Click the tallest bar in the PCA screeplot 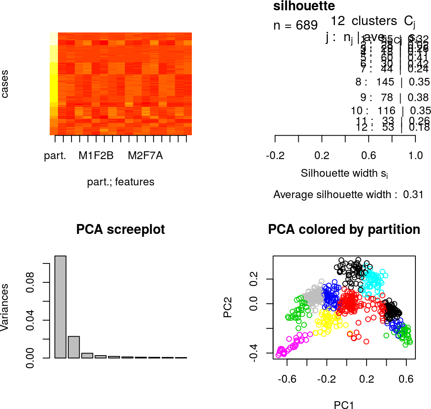[60, 307]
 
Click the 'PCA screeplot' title [120, 229]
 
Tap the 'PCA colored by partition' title [344, 229]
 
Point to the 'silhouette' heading [304, 6]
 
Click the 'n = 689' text [295, 25]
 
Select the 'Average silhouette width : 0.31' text [348, 194]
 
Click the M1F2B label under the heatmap [97, 156]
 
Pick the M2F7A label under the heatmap [145, 156]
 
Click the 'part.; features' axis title [121, 182]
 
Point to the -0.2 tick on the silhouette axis [275, 156]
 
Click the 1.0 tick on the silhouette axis [415, 156]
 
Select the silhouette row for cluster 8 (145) [392, 82]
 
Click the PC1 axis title [344, 405]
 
